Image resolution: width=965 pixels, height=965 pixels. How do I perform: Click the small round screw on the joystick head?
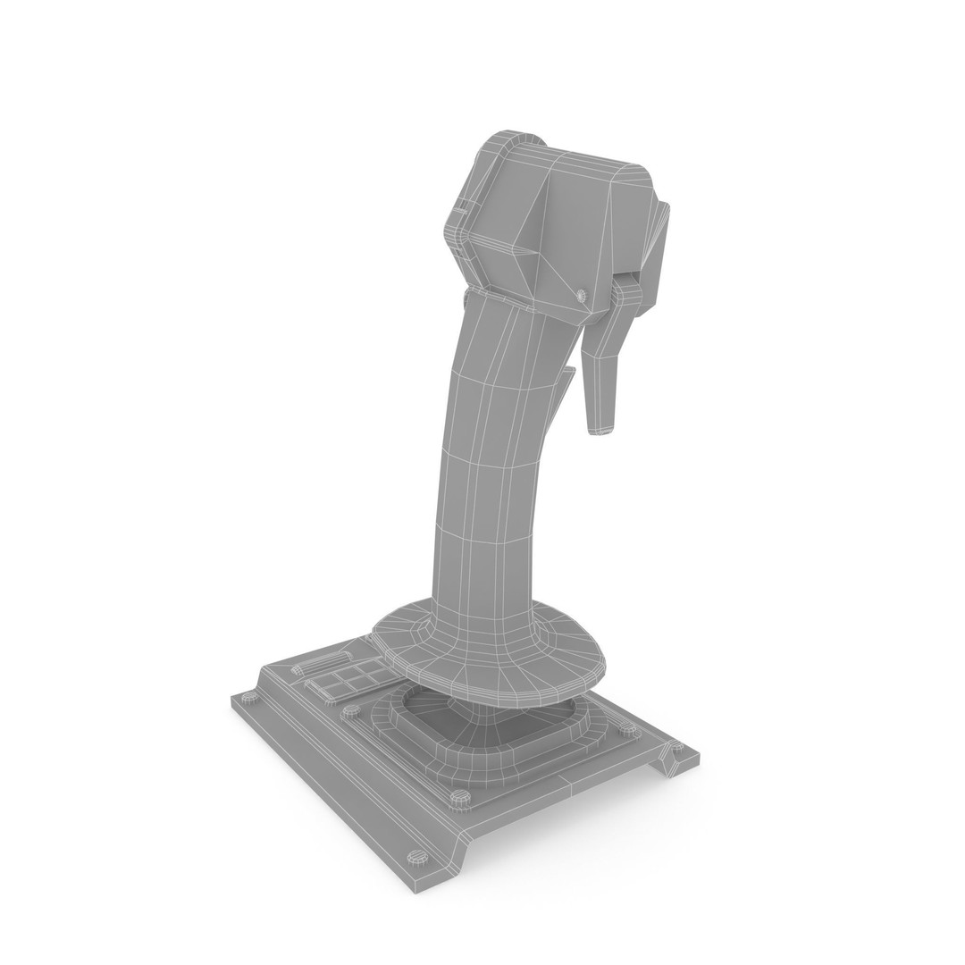click(x=581, y=294)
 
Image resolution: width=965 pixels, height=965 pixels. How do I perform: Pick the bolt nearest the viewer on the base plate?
click(x=417, y=857)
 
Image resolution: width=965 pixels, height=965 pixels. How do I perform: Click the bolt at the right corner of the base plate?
click(x=676, y=746)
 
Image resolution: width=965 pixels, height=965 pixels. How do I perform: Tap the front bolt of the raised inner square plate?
click(x=460, y=796)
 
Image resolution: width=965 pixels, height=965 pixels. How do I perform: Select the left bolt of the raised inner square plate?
click(x=351, y=711)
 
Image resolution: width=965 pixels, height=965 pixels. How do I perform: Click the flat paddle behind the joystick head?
click(x=658, y=250)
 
